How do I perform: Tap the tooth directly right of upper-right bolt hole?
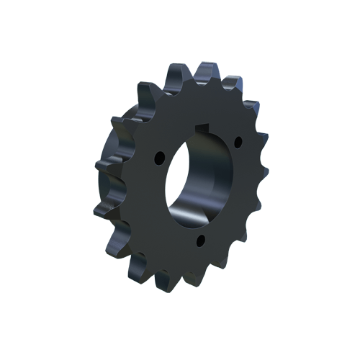260,140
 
